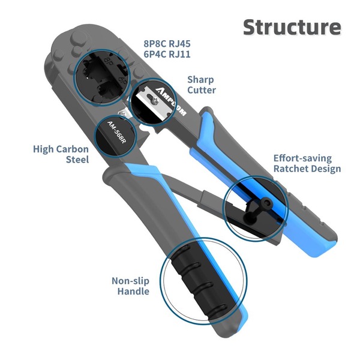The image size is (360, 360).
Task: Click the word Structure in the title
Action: pos(292,27)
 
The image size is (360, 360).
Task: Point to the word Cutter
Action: pos(202,91)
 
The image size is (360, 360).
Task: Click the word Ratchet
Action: pos(290,169)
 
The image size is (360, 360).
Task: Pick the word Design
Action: pos(325,169)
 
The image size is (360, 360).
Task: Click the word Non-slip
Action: pos(130,281)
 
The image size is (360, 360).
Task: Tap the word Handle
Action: pos(134,292)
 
